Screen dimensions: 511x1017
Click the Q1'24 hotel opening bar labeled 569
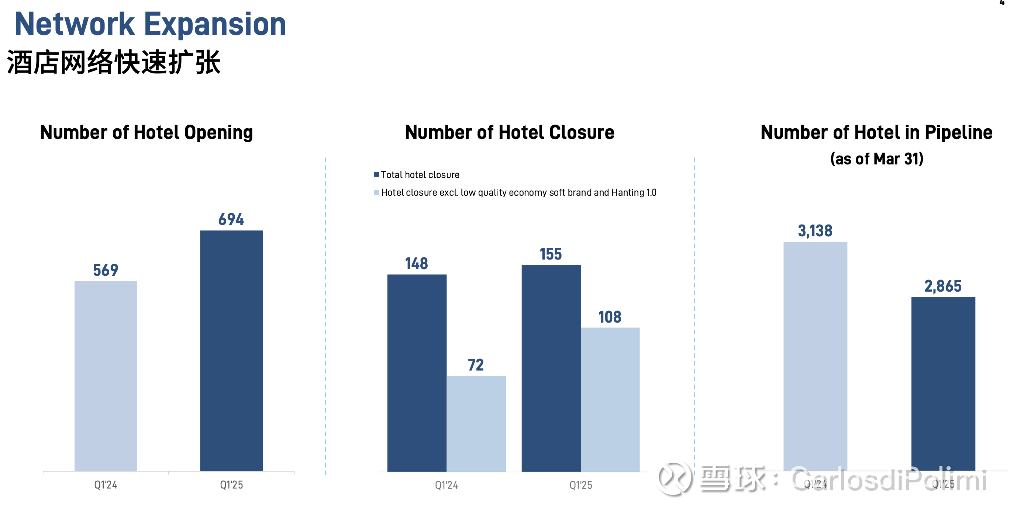[106, 375]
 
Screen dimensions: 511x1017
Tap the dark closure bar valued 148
[417, 372]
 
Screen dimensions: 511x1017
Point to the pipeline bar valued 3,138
[815, 355]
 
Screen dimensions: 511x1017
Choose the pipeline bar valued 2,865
[943, 383]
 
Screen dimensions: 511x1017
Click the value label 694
[231, 219]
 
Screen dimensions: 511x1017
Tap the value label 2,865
[943, 286]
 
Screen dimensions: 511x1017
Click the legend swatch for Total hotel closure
[377, 174]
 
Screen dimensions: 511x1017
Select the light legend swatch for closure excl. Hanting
[377, 192]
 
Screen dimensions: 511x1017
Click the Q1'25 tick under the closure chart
[580, 485]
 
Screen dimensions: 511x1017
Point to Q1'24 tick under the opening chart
[106, 484]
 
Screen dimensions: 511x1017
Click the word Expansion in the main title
[215, 24]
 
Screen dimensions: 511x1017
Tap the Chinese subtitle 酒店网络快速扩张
[114, 62]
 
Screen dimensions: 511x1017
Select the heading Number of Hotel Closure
[509, 133]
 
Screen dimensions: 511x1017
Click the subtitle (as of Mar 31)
[876, 159]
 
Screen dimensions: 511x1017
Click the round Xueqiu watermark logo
[674, 478]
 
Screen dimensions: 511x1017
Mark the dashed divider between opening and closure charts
[325, 316]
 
